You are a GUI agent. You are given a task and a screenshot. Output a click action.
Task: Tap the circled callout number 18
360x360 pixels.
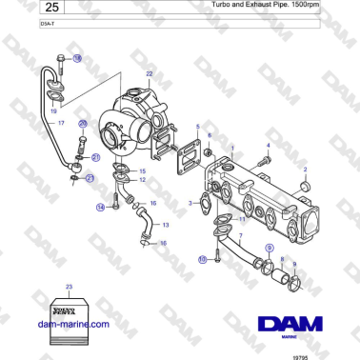pyautogui.click(x=78, y=59)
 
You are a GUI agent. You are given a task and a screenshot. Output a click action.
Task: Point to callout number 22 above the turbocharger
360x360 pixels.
pyautogui.click(x=149, y=73)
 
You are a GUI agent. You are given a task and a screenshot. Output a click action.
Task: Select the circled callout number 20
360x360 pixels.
pyautogui.click(x=82, y=124)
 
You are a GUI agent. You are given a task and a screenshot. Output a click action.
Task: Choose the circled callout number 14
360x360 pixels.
pyautogui.click(x=100, y=207)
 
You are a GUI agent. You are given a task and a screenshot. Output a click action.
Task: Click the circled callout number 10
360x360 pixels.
pyautogui.click(x=202, y=258)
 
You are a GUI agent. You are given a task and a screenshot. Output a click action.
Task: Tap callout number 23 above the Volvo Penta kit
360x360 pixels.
pyautogui.click(x=69, y=286)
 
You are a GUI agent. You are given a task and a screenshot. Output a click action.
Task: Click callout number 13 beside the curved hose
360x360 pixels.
pyautogui.click(x=166, y=225)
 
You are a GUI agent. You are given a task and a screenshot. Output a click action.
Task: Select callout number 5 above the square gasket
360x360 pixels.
pyautogui.click(x=196, y=127)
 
